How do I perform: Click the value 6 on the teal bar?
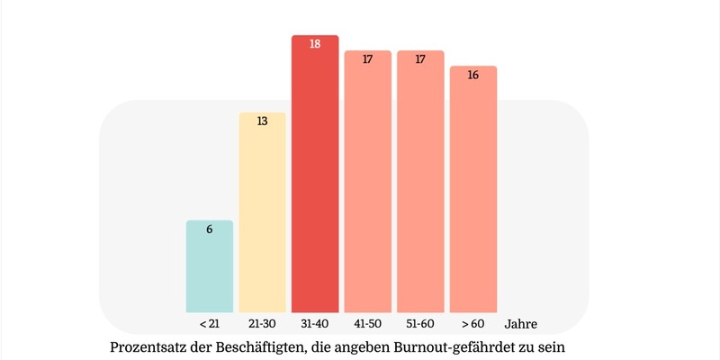coord(210,229)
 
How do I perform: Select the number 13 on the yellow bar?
coord(262,121)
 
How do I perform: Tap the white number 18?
coord(315,43)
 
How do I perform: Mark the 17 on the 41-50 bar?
coord(368,59)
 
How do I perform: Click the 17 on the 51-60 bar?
coord(420,59)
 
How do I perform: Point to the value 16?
coord(473,75)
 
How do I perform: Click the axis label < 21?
coord(210,322)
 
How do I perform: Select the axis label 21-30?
coord(262,322)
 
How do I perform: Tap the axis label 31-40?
coord(315,322)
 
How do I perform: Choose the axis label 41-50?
coord(368,322)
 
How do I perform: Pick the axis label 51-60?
coord(420,322)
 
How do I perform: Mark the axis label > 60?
coord(473,322)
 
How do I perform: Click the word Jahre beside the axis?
coord(521,323)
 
